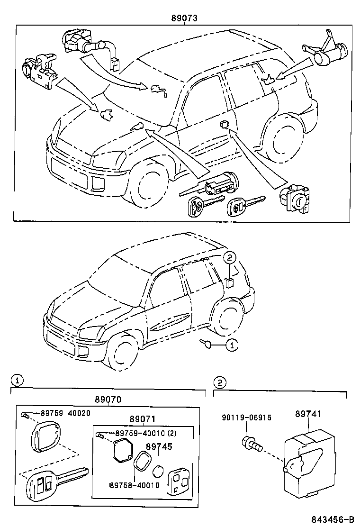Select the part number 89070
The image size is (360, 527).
click(x=108, y=399)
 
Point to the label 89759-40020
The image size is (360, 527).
click(x=65, y=413)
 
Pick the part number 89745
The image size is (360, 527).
click(x=159, y=446)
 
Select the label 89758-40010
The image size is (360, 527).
click(x=134, y=485)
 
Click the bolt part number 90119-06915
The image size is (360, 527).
click(x=247, y=418)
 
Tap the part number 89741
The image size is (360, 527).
click(x=308, y=414)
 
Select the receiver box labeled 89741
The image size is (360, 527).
click(x=304, y=458)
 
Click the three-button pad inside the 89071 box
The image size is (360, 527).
click(x=178, y=479)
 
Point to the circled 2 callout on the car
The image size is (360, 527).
click(x=229, y=257)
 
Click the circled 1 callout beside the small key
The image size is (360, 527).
click(x=231, y=345)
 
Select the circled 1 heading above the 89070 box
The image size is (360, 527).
click(x=16, y=380)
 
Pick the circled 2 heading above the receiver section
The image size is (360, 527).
click(x=218, y=382)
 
